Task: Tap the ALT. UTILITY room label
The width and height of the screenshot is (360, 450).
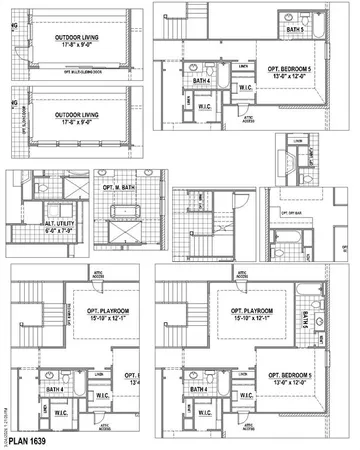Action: coord(31,224)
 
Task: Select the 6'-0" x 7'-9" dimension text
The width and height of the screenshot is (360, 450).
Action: coord(31,232)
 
